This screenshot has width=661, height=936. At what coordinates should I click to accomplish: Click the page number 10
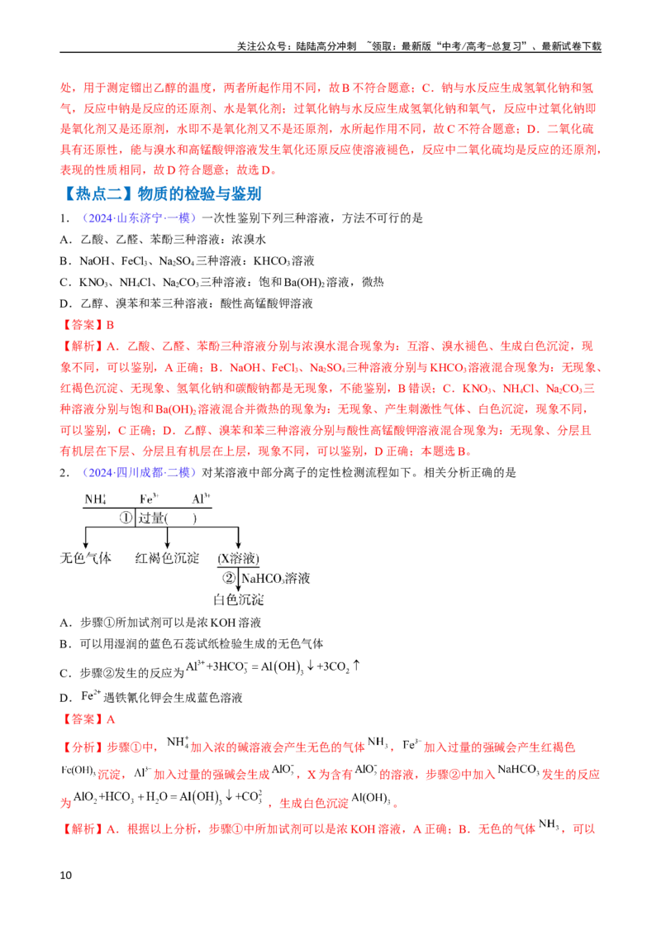tap(65, 875)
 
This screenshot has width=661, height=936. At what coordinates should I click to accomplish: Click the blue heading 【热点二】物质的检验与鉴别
tap(161, 193)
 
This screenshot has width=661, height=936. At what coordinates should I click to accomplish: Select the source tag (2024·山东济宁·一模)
tap(139, 218)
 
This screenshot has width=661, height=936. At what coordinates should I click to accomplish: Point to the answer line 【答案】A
tap(87, 719)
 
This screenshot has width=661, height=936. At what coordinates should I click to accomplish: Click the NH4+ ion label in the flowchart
tap(96, 499)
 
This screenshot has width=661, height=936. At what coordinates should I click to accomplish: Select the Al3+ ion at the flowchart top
tap(201, 499)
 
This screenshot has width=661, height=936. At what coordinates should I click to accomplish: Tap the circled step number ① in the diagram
tap(126, 518)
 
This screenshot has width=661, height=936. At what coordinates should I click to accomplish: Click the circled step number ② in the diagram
tap(229, 578)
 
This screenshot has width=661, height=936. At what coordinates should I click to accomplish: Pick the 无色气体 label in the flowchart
tap(86, 558)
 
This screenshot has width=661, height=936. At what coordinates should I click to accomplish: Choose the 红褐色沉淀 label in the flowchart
tap(167, 558)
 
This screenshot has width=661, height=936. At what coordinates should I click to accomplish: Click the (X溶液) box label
tap(238, 559)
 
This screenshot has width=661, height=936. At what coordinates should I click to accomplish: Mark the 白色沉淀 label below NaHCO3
tap(239, 599)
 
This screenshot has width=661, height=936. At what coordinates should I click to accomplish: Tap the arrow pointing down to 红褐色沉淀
tap(167, 537)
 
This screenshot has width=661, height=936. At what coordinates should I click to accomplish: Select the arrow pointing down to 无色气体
tap(86, 537)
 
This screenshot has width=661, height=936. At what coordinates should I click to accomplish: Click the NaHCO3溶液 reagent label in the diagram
tap(276, 578)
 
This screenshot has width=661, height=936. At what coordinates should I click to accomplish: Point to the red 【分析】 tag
tap(83, 747)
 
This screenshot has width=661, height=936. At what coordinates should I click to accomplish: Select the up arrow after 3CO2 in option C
tap(356, 665)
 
